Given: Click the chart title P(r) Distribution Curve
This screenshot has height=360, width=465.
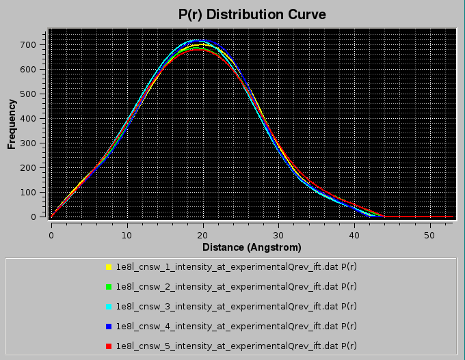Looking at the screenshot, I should [x=252, y=14].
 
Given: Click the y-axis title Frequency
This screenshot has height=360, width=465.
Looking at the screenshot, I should [x=12, y=124].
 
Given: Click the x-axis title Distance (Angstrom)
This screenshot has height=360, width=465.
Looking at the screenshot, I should [x=252, y=247].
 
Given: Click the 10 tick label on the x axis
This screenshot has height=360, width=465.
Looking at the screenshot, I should [x=127, y=235].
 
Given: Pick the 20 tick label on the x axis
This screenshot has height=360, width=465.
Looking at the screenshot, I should [x=202, y=235].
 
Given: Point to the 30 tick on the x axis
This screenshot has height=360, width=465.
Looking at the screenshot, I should [x=278, y=235].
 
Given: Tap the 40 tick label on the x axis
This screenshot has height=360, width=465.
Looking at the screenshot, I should [x=354, y=235].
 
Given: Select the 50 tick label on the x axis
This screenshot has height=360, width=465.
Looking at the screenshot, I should [x=429, y=235].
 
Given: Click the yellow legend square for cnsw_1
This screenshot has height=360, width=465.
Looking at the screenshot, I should [x=109, y=267].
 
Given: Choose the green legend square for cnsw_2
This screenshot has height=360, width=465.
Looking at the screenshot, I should [x=109, y=287].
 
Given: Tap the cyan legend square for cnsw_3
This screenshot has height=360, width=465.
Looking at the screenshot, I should [x=109, y=307].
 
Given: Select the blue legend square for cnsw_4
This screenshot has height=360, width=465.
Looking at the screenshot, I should [x=109, y=327].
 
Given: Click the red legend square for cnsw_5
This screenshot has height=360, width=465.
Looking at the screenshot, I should [x=109, y=346].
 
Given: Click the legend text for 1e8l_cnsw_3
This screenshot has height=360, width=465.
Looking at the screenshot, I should [x=237, y=307].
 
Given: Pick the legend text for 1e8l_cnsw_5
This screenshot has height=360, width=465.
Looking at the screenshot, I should [x=237, y=346].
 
